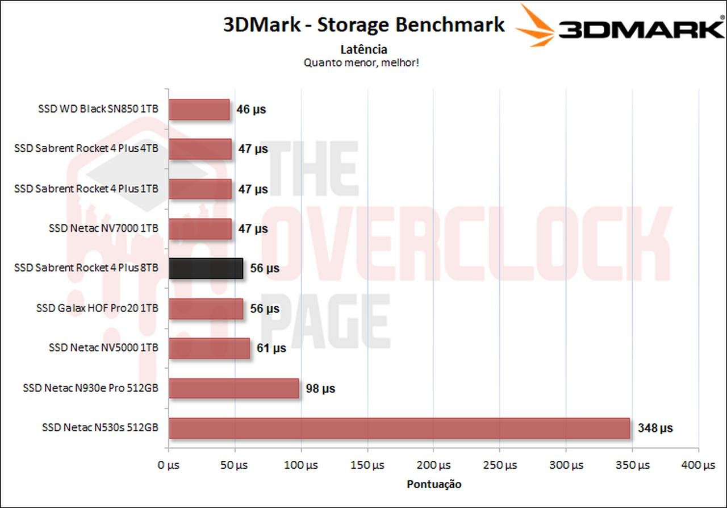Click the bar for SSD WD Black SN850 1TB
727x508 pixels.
(199, 110)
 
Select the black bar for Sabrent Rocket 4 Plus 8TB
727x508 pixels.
(206, 268)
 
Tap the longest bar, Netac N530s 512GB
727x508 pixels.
(399, 428)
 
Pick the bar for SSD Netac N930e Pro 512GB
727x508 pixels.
(234, 389)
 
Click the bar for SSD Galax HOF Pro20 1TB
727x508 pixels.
(206, 309)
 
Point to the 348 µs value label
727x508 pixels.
(655, 428)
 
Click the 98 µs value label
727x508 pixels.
(320, 389)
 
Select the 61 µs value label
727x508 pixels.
(271, 348)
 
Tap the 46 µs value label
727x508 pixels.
(251, 110)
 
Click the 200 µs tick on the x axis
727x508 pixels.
(433, 465)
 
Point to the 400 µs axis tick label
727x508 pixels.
(698, 465)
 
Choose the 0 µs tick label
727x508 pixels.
(168, 465)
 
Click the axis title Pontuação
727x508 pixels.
(434, 485)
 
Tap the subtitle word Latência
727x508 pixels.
(363, 49)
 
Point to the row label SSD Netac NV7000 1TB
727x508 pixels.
(103, 228)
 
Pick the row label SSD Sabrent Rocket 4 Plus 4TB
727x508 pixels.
(86, 149)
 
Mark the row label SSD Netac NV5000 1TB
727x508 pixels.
(103, 348)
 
